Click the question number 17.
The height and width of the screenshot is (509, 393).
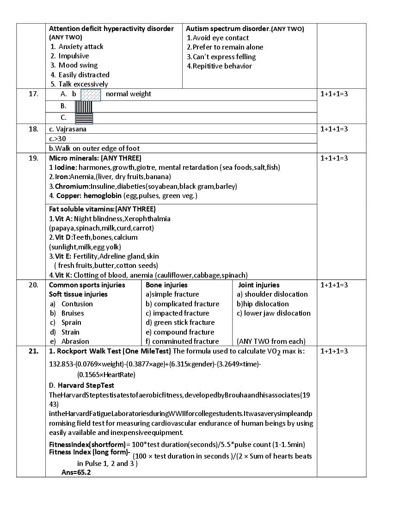33,94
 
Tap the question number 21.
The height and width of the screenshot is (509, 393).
33,351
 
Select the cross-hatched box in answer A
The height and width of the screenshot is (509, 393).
91,94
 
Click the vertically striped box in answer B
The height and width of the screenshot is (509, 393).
84,106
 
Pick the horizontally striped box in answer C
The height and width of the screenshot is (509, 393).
84,118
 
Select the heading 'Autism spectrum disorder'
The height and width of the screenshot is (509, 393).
228,29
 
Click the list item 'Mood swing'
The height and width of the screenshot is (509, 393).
78,65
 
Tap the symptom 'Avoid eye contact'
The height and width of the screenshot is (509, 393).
220,38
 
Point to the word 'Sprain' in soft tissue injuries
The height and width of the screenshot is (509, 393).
71,323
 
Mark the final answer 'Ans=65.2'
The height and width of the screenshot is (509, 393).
76,472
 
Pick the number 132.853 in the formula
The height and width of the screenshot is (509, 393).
62,364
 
